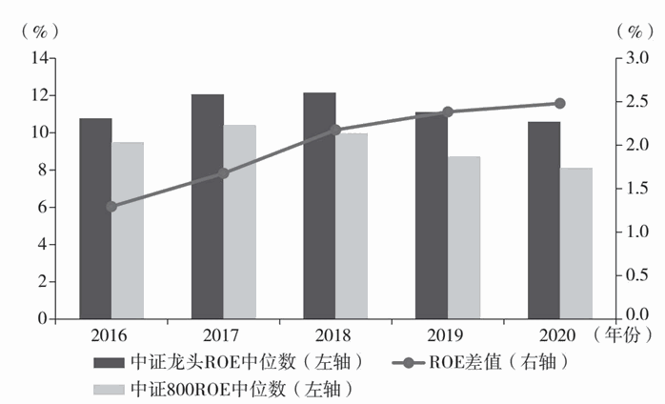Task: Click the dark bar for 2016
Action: tap(95, 219)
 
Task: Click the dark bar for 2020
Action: tap(544, 221)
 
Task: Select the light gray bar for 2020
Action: tap(575, 244)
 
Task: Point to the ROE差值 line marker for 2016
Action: tap(111, 206)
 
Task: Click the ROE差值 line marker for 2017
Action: tap(224, 173)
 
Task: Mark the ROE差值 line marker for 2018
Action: tap(335, 130)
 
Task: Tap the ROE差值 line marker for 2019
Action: tap(448, 112)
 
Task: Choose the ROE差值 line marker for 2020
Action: tap(559, 104)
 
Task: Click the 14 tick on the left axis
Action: tap(40, 58)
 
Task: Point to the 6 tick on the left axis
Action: tap(44, 208)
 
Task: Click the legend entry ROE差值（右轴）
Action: tap(486, 362)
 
